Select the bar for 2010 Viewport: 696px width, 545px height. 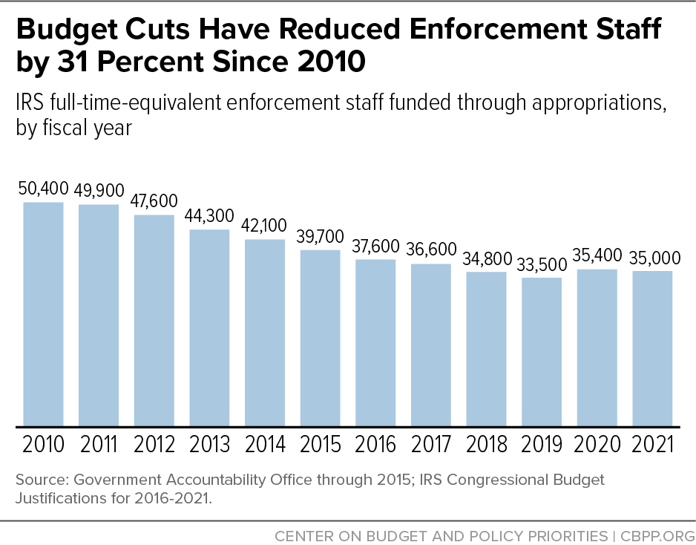43,314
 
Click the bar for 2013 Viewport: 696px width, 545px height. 209,327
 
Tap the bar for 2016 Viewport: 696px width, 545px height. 375,342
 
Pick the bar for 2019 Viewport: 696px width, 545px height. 542,352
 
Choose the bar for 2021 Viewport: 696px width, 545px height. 652,348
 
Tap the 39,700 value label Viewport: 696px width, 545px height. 321,237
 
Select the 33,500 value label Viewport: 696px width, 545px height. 542,264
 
